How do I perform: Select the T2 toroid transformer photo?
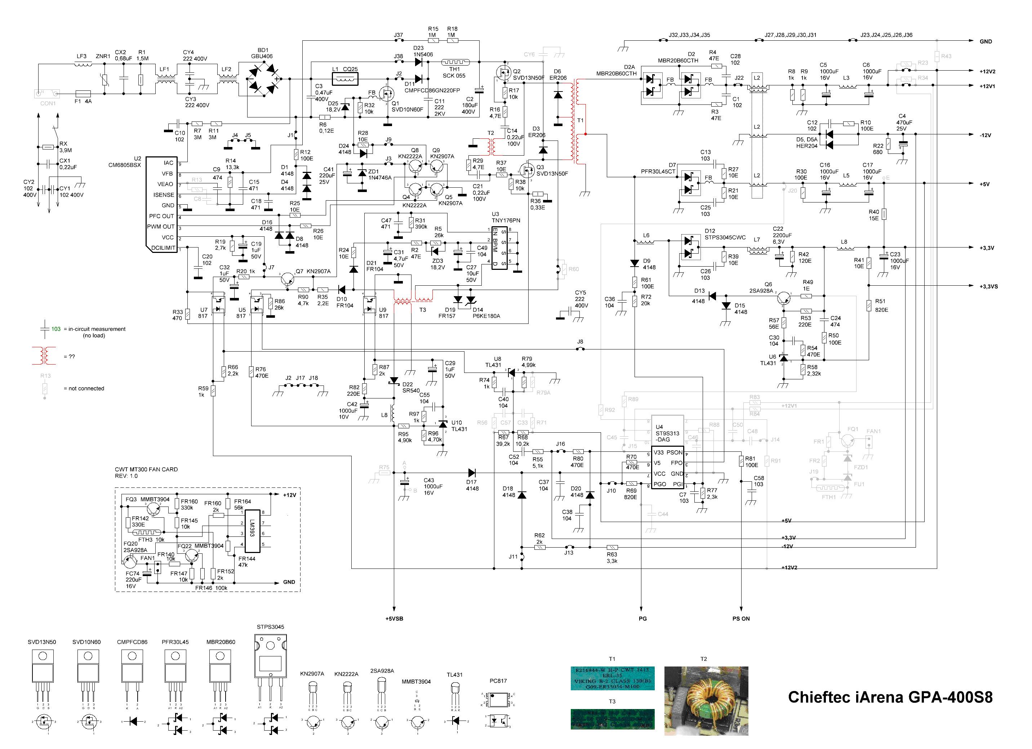(706, 701)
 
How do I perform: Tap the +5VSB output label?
(394, 619)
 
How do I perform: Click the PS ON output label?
(741, 619)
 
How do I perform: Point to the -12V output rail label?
(985, 135)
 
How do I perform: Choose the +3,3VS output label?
(989, 286)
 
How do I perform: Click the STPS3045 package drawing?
(270, 660)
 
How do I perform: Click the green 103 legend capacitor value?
(56, 329)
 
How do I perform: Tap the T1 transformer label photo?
(613, 678)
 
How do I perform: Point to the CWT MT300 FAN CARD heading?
(146, 469)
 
